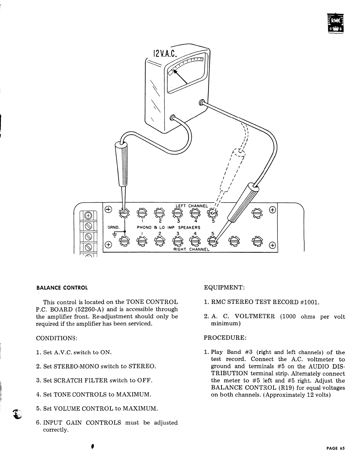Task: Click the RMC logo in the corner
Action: pyautogui.click(x=336, y=23)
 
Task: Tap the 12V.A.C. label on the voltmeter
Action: pyautogui.click(x=164, y=53)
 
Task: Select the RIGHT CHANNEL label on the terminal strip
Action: pyautogui.click(x=191, y=249)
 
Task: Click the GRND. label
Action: pyautogui.click(x=113, y=228)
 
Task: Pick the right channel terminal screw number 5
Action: pyautogui.click(x=212, y=241)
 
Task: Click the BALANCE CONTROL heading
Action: pyautogui.click(x=62, y=288)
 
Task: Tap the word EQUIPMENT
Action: pyautogui.click(x=224, y=287)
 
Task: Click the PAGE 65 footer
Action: pyautogui.click(x=335, y=448)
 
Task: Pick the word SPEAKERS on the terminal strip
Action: pyautogui.click(x=189, y=228)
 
